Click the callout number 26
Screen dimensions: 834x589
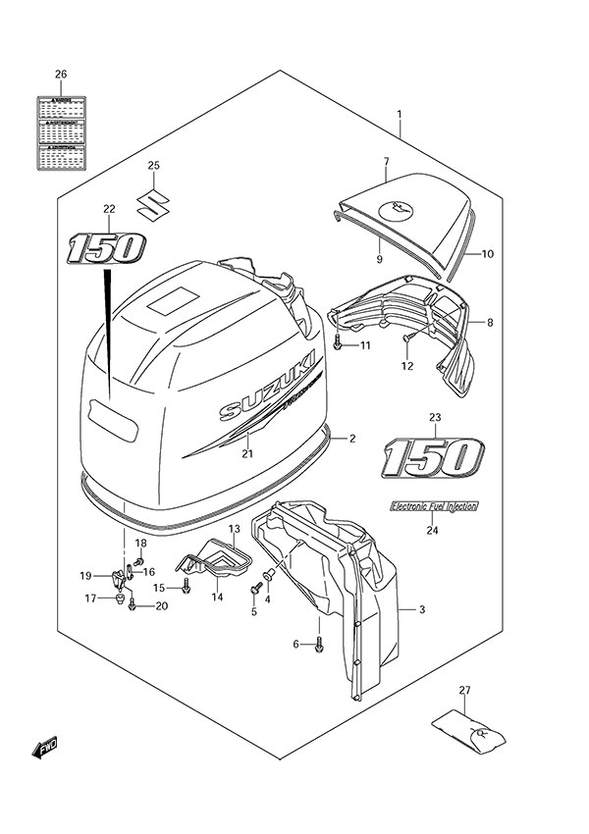(61, 76)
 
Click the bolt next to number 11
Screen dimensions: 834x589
(338, 344)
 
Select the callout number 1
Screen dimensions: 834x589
(401, 116)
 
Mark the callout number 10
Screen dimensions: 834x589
(487, 253)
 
